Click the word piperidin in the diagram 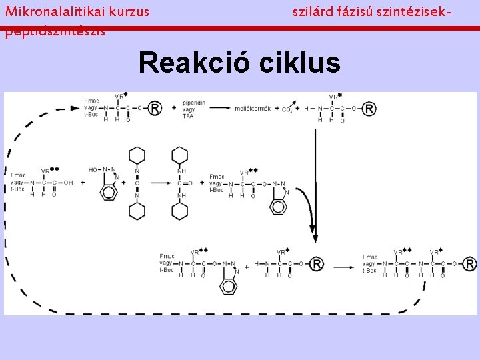click(193, 102)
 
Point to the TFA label click(188, 117)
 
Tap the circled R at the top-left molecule click(155, 108)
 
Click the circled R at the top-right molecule click(369, 108)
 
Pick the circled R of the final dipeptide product click(470, 264)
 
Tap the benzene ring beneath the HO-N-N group click(108, 193)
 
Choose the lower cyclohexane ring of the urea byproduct click(180, 211)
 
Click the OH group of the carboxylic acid click(68, 183)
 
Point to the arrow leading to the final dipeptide click(344, 265)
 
